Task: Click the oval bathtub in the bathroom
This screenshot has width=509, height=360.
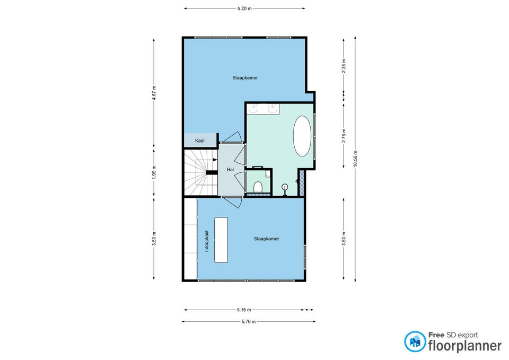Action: (302, 136)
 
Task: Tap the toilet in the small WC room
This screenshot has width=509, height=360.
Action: (258, 187)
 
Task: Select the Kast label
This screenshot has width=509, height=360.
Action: (200, 141)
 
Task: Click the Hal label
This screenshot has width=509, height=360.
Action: (230, 170)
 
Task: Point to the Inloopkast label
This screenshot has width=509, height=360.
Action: (207, 241)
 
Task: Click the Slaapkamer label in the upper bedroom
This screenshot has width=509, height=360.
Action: (245, 78)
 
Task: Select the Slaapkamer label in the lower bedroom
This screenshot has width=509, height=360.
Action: (267, 239)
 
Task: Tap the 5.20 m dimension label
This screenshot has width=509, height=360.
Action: (244, 9)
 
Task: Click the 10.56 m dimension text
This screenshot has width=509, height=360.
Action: (355, 159)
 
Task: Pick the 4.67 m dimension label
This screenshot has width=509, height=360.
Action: (154, 93)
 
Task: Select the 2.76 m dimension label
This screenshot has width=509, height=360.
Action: (344, 136)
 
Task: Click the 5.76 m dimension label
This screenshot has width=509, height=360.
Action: (249, 322)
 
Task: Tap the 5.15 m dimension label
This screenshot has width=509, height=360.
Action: (244, 310)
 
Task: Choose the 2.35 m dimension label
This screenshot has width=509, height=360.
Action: (344, 66)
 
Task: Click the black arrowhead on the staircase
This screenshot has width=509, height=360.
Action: (215, 160)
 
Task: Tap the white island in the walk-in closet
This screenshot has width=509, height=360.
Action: (221, 240)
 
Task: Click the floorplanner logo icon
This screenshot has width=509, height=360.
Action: (415, 341)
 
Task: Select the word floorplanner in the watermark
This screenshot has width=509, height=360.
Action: (465, 346)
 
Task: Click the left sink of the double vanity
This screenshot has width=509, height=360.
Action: (253, 108)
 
